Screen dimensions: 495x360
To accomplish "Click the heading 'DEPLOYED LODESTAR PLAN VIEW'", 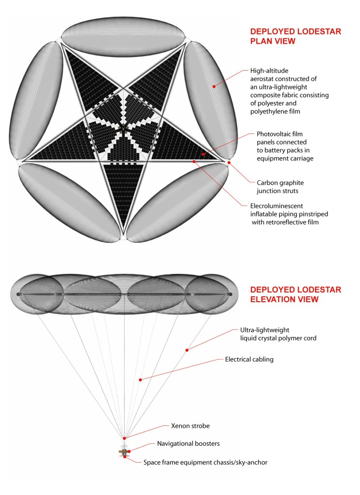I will point(295,36).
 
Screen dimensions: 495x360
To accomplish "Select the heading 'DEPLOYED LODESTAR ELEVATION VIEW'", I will point(295,294).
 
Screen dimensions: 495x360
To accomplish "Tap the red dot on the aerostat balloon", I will point(213,86).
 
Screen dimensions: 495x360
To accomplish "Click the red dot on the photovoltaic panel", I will point(203,154).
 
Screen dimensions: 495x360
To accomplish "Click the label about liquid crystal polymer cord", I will point(278,333).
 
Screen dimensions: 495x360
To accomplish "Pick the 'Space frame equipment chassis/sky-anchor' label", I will point(205,462).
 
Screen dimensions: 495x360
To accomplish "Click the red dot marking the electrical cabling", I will point(140,380).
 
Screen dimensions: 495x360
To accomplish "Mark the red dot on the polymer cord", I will point(187,349).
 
